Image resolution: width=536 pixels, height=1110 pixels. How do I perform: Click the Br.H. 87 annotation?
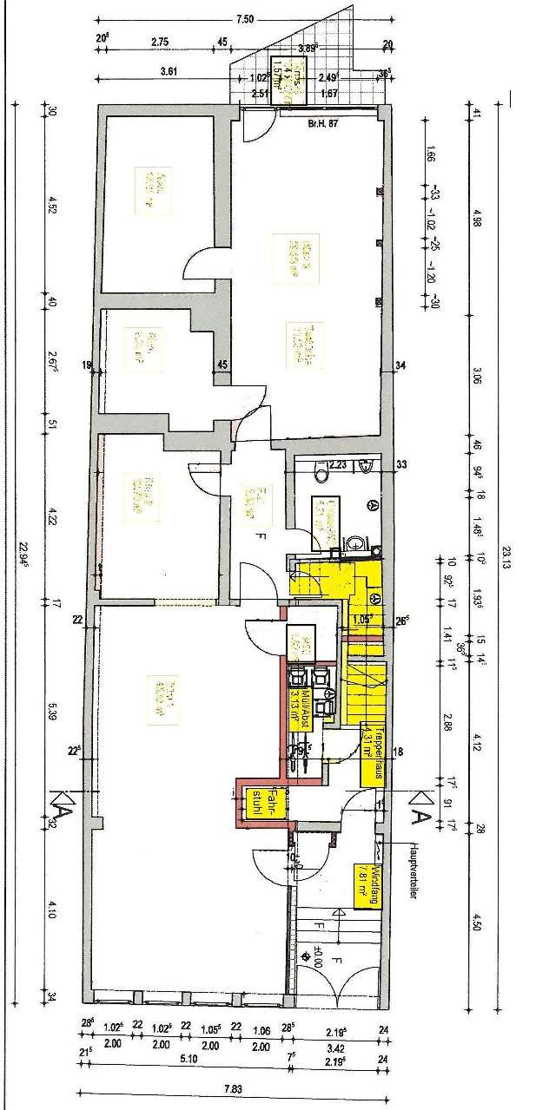pyautogui.click(x=322, y=124)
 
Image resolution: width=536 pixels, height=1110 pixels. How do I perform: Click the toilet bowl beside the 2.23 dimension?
pyautogui.click(x=321, y=474)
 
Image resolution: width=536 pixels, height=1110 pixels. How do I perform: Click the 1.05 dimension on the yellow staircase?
pyautogui.click(x=361, y=619)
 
